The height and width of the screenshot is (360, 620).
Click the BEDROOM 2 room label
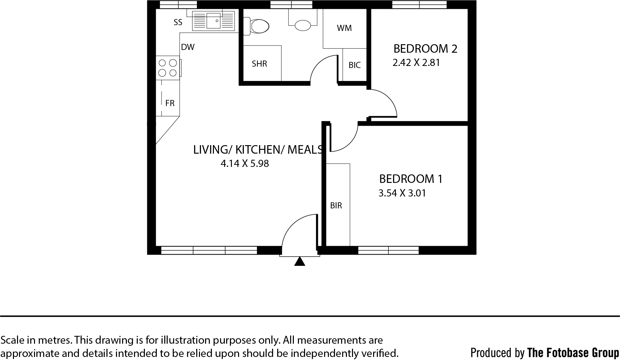coord(425,49)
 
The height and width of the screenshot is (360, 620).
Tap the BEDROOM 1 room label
coord(411,179)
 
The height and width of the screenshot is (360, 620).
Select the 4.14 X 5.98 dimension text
coord(245,164)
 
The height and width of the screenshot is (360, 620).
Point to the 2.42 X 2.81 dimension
coord(416,63)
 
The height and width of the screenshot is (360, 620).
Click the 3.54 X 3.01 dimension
coord(402,193)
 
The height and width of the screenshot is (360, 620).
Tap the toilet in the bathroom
coord(256,26)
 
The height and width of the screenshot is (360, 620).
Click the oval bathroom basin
coord(303,25)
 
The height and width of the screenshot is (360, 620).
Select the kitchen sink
coord(214,21)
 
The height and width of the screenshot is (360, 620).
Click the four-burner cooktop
coord(168,68)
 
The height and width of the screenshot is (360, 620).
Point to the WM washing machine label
coord(344,28)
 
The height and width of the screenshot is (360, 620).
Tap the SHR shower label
coord(259,64)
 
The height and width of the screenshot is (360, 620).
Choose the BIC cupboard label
coord(355,65)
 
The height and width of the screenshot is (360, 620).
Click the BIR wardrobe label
coord(336,206)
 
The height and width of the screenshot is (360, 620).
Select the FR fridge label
coord(170,103)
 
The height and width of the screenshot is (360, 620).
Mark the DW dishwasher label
coord(188,47)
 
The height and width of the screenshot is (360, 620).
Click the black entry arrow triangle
coord(299,261)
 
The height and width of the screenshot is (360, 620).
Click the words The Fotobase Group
coord(573,353)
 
